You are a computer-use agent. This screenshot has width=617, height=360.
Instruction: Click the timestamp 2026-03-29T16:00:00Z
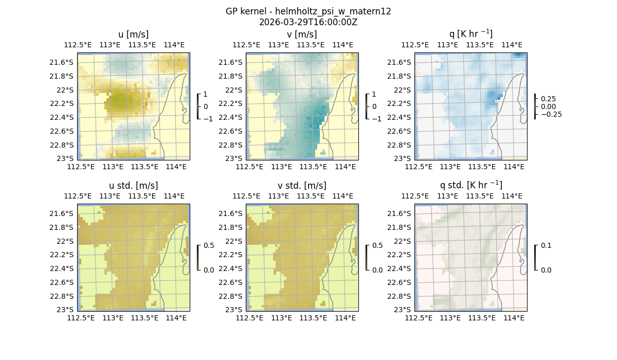coord(308,22)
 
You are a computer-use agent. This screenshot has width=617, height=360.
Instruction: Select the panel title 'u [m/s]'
coord(134,34)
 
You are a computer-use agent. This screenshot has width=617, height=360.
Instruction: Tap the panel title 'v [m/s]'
coord(302,34)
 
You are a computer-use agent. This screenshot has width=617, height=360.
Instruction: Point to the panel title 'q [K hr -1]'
coord(470,34)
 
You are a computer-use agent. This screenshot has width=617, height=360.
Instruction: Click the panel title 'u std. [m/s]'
coord(134,186)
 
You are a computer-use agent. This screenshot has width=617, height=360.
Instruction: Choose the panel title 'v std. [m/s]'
coord(302,186)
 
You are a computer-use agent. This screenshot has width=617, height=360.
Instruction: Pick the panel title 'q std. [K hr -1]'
coord(470,185)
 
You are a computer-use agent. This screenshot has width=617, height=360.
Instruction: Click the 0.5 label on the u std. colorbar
coord(209,245)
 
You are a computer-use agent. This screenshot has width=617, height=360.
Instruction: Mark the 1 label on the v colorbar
coord(374,95)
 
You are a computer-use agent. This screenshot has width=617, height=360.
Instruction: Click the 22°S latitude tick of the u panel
coord(67,90)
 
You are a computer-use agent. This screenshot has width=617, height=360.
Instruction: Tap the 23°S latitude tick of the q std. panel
coord(404,310)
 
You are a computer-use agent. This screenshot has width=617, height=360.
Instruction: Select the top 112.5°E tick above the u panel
coord(78,45)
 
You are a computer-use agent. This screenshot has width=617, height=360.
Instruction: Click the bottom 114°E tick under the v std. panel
coord(345,318)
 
